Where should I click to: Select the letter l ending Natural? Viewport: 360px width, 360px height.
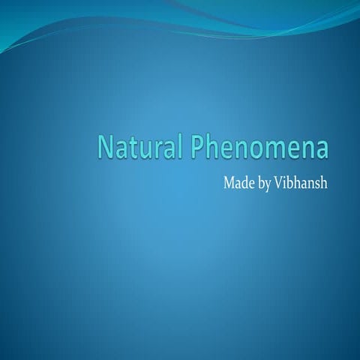pos(179,146)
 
